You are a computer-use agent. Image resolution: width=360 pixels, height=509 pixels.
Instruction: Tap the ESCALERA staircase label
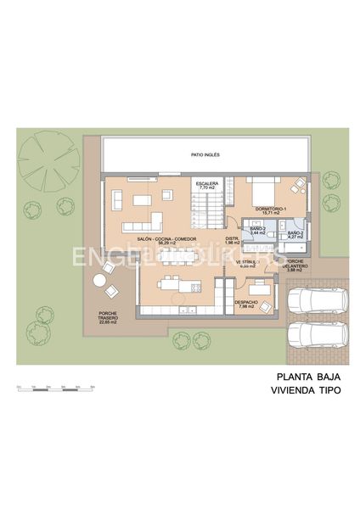coord(208,186)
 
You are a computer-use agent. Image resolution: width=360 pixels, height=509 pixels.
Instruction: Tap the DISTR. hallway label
coord(232,240)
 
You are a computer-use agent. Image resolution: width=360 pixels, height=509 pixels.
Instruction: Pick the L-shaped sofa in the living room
coord(143,223)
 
